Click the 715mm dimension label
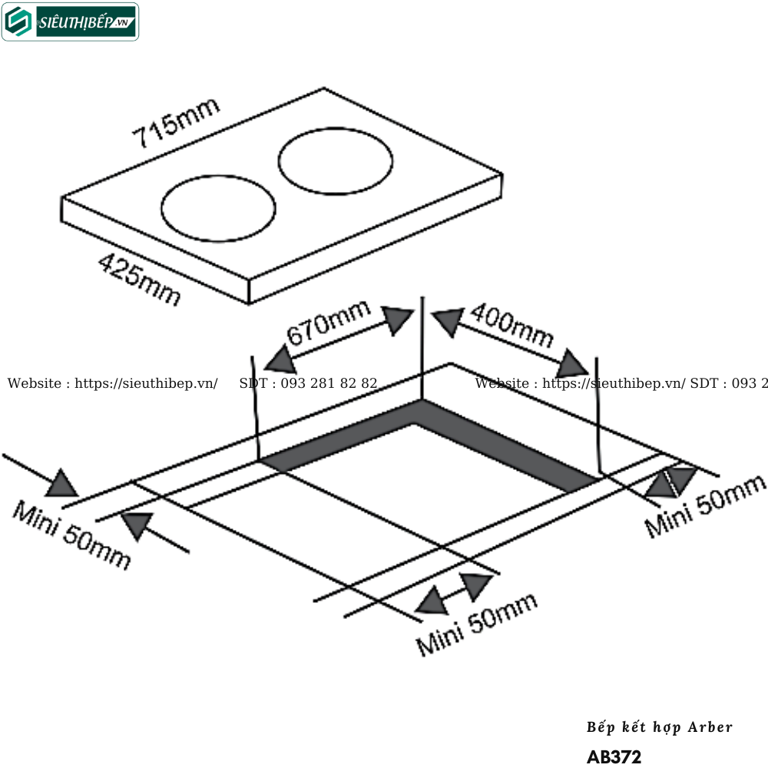[x=176, y=123]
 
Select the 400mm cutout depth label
[x=511, y=325]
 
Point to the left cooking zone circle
[x=218, y=210]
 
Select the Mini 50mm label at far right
[x=705, y=506]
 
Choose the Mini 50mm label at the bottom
[x=477, y=624]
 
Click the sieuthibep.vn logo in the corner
[x=70, y=22]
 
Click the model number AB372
[x=614, y=756]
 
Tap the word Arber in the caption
[x=710, y=727]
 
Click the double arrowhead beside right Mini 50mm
[x=670, y=482]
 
